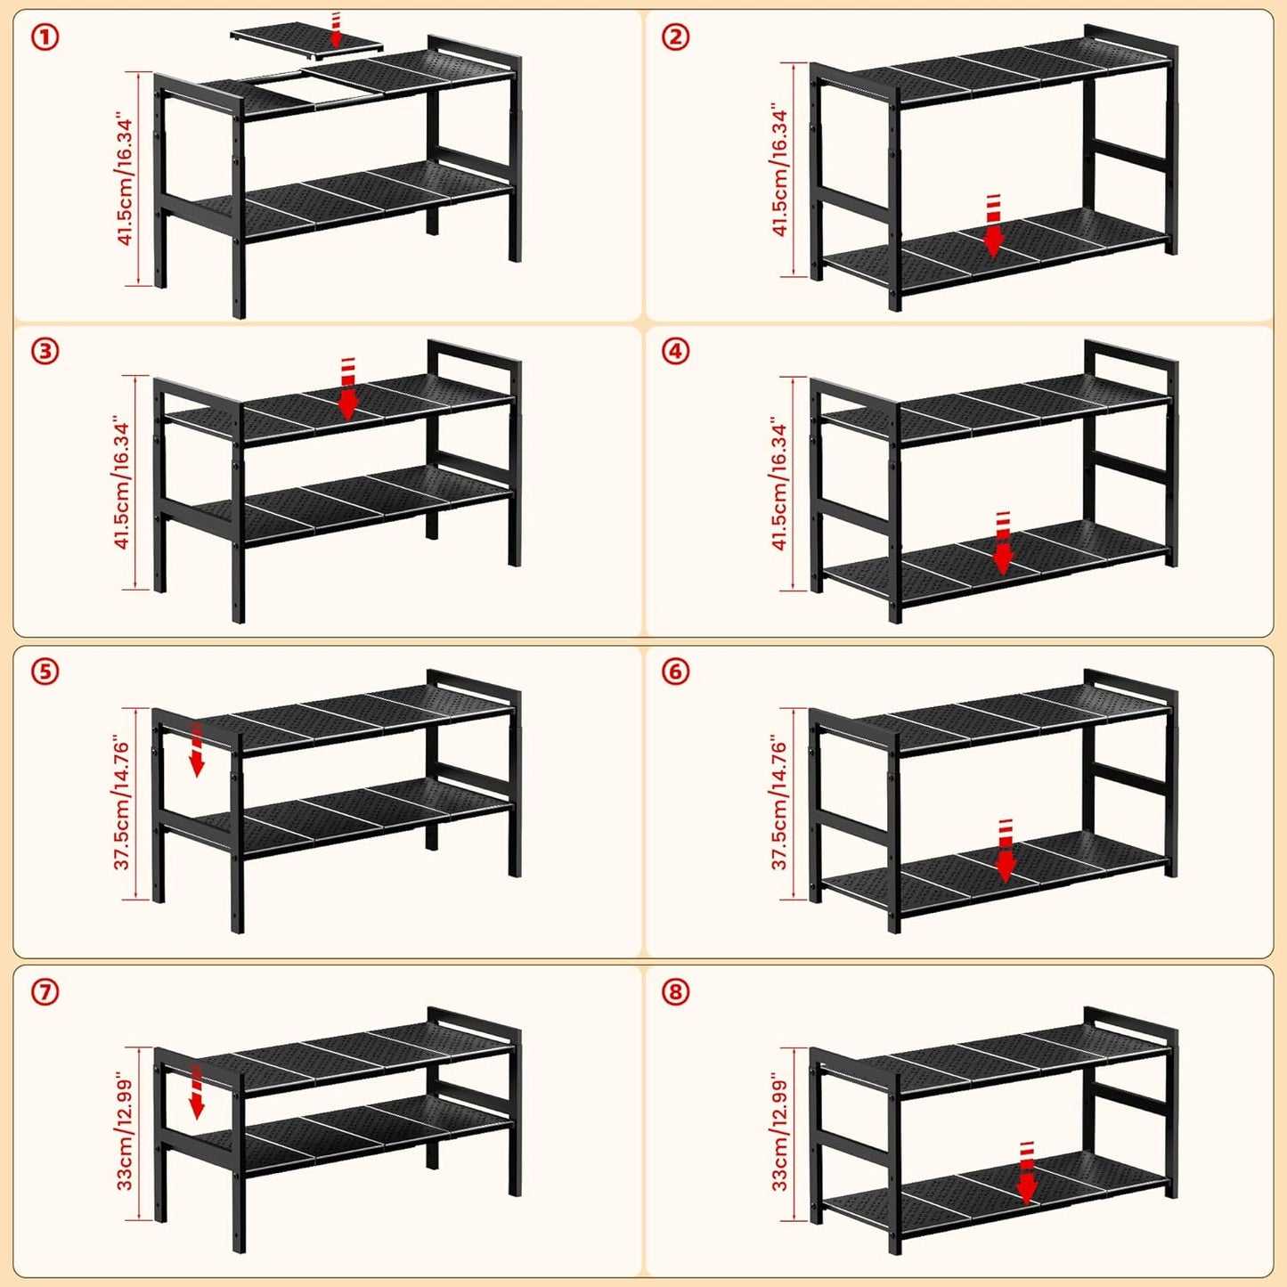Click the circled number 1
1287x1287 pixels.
[x=45, y=37]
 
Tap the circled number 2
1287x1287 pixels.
[x=675, y=37]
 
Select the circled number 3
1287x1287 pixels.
[x=45, y=351]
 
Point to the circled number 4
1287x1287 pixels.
[x=675, y=351]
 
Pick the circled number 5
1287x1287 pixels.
[x=45, y=672]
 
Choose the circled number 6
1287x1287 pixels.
[x=675, y=672]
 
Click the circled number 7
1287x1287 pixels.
[x=45, y=992]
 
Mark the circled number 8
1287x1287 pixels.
[x=675, y=992]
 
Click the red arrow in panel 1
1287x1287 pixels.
[x=336, y=30]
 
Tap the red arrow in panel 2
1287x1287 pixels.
[x=993, y=225]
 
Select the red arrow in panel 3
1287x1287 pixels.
[x=347, y=390]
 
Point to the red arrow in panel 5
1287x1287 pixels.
[x=196, y=749]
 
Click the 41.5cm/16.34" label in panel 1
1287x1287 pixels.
[x=125, y=182]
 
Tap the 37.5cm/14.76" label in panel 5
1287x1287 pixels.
[x=123, y=804]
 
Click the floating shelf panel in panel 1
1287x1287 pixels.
[x=307, y=38]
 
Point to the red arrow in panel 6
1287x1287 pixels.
[x=1006, y=851]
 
